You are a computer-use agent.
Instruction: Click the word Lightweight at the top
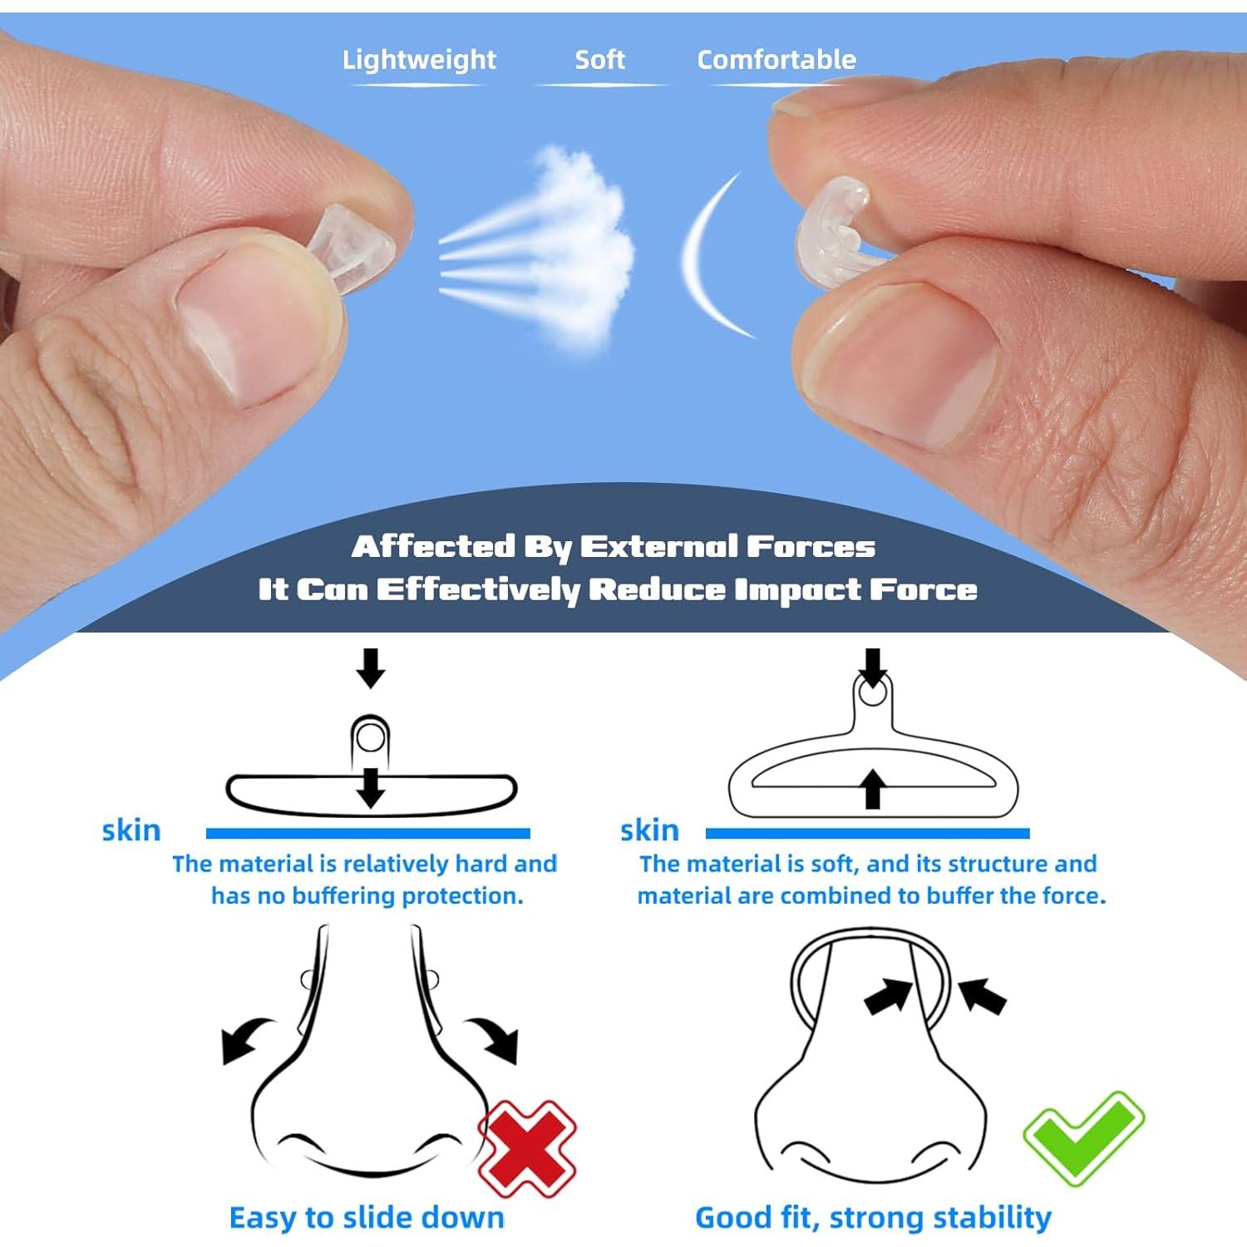(x=419, y=60)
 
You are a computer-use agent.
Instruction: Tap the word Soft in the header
(x=599, y=60)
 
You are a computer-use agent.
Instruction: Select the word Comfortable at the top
(x=776, y=60)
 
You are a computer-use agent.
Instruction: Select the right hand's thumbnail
(x=902, y=366)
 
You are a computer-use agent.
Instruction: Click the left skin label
(x=131, y=831)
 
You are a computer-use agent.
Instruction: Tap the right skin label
(x=649, y=831)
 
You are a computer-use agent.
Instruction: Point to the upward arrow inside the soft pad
(x=872, y=789)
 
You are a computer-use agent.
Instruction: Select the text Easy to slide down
(x=367, y=1218)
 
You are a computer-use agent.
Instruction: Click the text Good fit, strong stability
(x=873, y=1218)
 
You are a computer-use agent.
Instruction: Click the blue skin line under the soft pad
(x=867, y=833)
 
